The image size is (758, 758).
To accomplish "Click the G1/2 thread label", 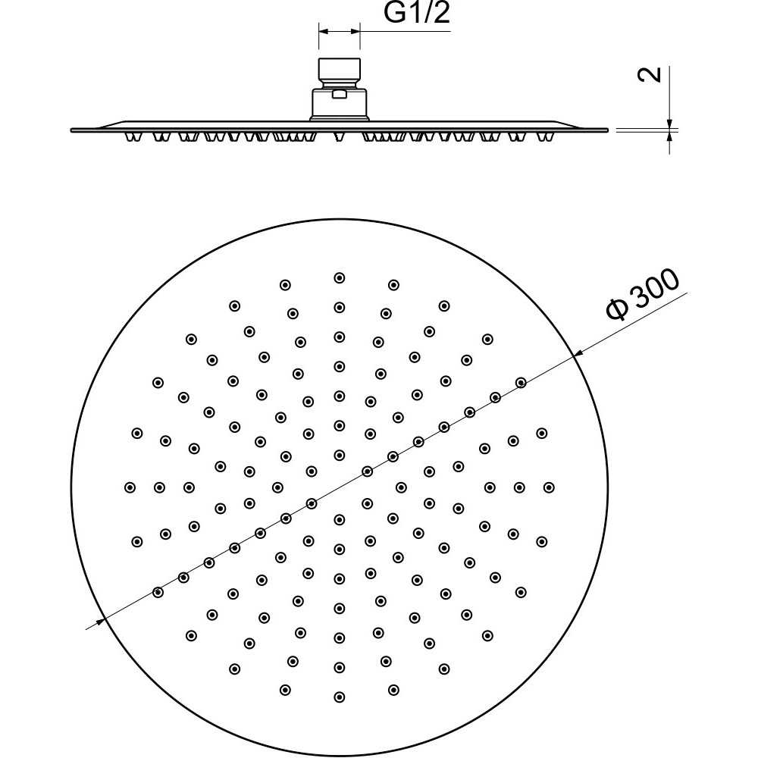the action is click(417, 13).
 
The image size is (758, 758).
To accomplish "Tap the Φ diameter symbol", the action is click(617, 309).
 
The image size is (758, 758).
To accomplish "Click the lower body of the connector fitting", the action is click(340, 104).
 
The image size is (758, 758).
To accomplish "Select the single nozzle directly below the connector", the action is click(340, 136).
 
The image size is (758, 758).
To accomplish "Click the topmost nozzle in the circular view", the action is click(340, 277).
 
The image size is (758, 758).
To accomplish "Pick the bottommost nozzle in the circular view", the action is click(340, 697).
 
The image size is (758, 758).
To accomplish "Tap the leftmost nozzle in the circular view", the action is click(130, 487).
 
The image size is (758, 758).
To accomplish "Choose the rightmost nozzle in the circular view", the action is click(549, 487).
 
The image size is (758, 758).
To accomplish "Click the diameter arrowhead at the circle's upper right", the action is click(577, 356).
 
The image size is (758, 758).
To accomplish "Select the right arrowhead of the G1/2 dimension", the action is click(354, 31).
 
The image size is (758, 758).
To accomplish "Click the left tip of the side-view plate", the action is click(71, 130).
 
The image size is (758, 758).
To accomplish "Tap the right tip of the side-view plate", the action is click(608, 130).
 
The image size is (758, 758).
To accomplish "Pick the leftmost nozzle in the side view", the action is click(130, 136).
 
